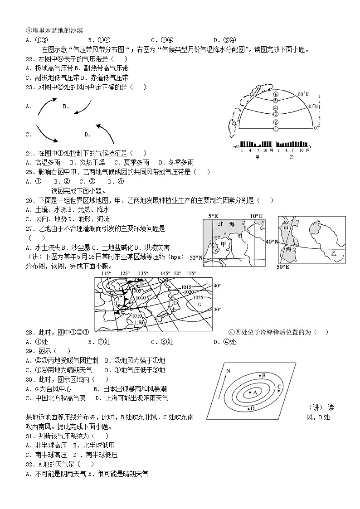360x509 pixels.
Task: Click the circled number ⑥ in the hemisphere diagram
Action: point(275,93)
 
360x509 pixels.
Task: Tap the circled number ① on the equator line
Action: point(275,129)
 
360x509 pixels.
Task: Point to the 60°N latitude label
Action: point(303,94)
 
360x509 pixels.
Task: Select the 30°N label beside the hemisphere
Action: point(311,106)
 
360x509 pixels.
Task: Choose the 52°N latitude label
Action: point(195,257)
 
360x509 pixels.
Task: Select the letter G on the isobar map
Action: point(199,304)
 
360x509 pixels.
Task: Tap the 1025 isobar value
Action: point(198,297)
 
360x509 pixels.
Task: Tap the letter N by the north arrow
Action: point(229,371)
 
